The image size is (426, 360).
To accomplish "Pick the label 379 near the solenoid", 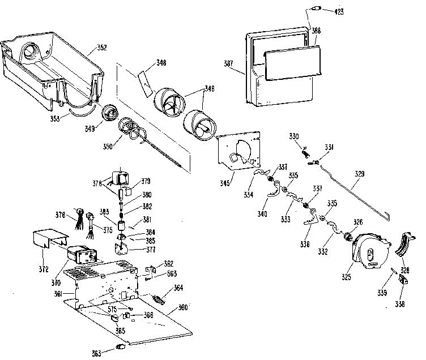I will point(146,182).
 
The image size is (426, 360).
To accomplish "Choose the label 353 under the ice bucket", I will point(54,119).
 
